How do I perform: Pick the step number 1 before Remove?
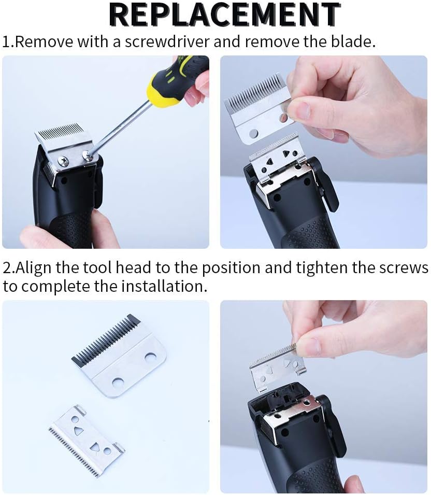tap(7, 42)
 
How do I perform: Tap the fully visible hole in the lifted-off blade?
tap(253, 134)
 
